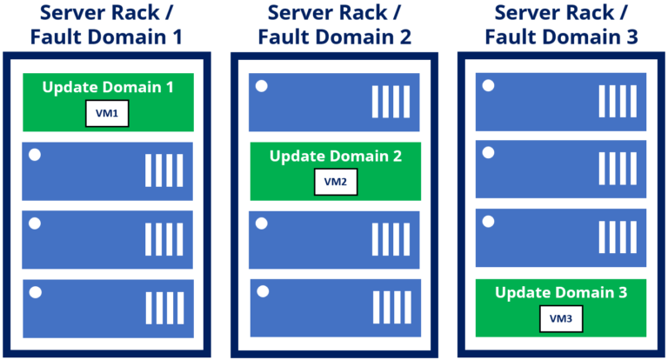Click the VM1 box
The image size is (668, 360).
(107, 114)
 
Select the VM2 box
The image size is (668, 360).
(335, 182)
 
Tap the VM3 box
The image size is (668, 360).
(561, 319)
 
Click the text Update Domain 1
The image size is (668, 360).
(107, 88)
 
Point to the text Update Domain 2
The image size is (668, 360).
(335, 157)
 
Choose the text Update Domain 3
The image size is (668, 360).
(561, 293)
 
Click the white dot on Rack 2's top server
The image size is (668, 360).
(262, 87)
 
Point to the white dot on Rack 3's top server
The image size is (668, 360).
(488, 86)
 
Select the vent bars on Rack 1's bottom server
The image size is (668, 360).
(164, 308)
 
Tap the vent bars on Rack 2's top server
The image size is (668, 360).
(391, 102)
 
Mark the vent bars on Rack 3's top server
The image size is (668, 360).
(618, 101)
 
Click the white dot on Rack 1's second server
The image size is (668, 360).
(35, 156)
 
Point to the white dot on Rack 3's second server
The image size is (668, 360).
(488, 154)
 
